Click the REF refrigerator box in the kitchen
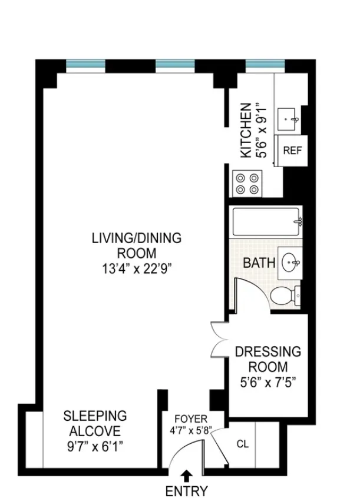tap(292, 150)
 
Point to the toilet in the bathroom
tap(288, 293)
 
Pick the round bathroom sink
tap(290, 261)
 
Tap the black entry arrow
tap(187, 474)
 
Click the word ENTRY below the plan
tap(186, 490)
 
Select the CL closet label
tap(243, 444)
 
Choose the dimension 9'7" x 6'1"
tap(95, 446)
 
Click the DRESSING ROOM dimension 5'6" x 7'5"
tap(267, 381)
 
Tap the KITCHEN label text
tap(246, 130)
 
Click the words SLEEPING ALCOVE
tap(95, 423)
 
